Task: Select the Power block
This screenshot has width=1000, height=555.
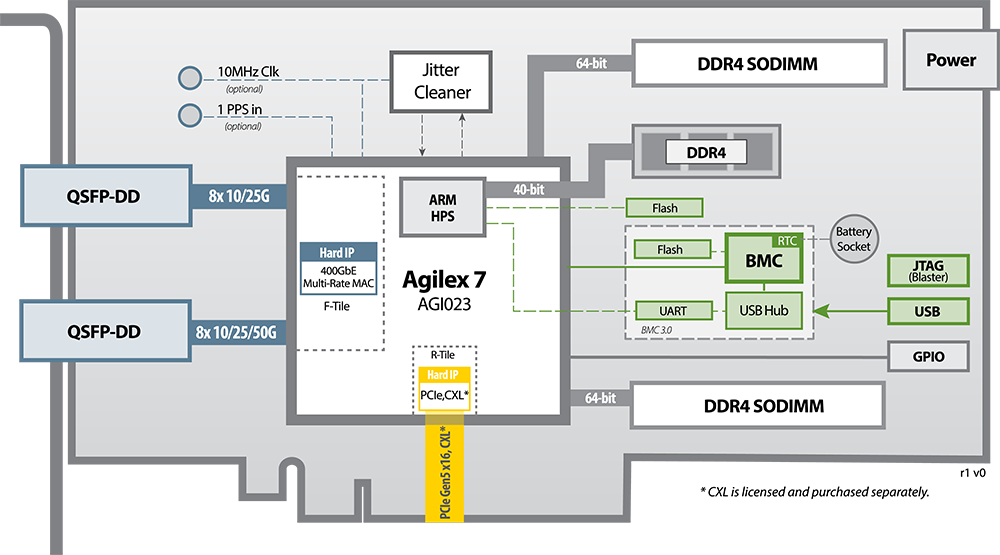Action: pos(950,60)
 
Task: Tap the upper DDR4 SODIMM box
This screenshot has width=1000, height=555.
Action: pos(757,64)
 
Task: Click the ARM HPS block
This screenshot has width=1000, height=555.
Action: pos(442,206)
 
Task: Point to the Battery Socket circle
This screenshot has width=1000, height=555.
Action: pos(854,239)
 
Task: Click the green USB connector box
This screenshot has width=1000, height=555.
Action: pos(927,312)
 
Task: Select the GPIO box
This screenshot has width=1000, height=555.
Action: pos(927,355)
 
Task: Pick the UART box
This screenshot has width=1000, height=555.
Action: pos(674,311)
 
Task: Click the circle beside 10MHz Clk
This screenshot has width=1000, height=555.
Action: pos(189,77)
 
